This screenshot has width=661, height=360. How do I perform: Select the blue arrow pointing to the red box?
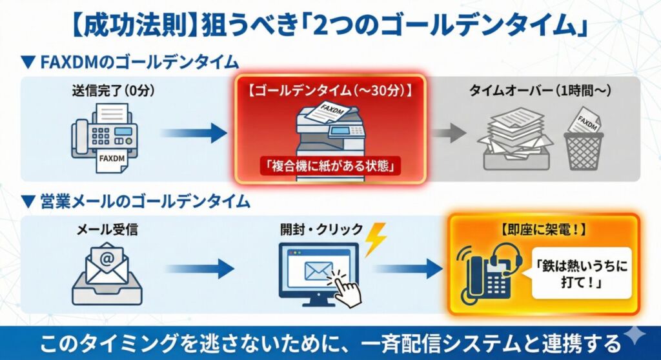pos(193,134)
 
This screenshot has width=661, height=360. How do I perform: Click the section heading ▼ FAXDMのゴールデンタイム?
pos(130,63)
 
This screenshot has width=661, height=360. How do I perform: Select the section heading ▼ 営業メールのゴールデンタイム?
pos(136,202)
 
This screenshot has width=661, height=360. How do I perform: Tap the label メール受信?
pos(107,229)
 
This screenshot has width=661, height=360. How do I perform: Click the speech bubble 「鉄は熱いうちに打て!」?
pos(582,271)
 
